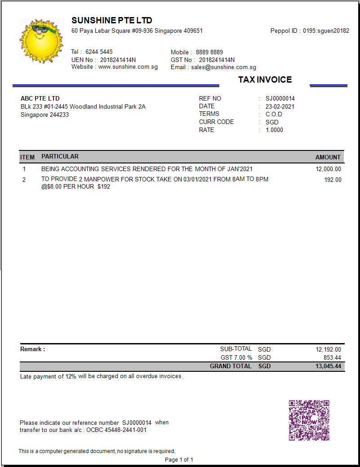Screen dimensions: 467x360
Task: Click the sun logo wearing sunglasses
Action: coord(41,41)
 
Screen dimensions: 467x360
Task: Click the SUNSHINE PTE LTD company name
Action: coord(111,20)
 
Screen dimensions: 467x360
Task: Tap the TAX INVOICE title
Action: coord(265,80)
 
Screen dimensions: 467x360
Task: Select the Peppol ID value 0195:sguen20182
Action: coord(326,31)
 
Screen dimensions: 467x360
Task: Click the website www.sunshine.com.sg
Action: coord(128,67)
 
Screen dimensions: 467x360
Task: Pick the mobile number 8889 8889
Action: coord(209,52)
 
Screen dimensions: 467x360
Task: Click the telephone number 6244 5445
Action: coord(99,52)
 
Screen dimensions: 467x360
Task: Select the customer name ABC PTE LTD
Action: coord(40,98)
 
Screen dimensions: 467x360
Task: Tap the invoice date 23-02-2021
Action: coord(280,106)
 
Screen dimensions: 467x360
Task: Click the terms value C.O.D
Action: coord(274,114)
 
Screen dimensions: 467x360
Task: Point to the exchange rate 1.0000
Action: coord(274,130)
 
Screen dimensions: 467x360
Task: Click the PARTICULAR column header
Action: coord(60,157)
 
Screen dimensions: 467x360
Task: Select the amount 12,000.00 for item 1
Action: coord(328,169)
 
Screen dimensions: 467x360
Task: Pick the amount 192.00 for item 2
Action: coord(333,180)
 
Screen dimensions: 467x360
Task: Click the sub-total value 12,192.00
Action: coord(328,349)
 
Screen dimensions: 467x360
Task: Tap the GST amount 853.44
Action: coord(332,358)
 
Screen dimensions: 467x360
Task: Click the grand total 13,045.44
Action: coord(328,366)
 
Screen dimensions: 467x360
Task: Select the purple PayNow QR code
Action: coord(309,420)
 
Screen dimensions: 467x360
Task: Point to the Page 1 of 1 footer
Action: coord(179,460)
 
